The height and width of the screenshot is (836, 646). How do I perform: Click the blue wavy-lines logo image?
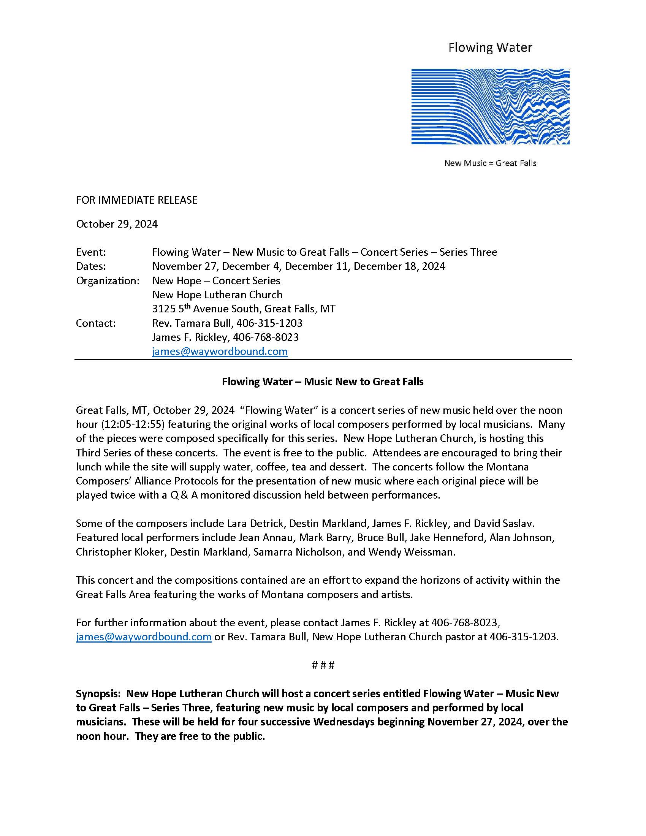[490, 106]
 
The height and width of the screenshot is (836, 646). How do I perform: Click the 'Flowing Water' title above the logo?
[490, 47]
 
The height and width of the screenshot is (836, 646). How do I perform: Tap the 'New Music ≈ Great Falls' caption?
[490, 163]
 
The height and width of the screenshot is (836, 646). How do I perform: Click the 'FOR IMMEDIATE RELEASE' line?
[137, 200]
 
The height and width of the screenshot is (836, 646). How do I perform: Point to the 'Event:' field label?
[91, 252]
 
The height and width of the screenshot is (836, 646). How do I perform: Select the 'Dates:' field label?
[91, 266]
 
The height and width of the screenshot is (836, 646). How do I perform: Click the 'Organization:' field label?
[108, 280]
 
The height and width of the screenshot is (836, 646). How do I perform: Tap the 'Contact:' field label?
[96, 323]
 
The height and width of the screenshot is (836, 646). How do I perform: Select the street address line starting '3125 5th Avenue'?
[244, 309]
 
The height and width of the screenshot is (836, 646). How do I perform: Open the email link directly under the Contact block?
[220, 351]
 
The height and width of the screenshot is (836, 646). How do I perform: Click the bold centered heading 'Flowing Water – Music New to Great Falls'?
[323, 382]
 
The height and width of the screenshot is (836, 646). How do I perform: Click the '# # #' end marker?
[323, 665]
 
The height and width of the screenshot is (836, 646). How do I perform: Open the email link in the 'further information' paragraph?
[144, 636]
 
